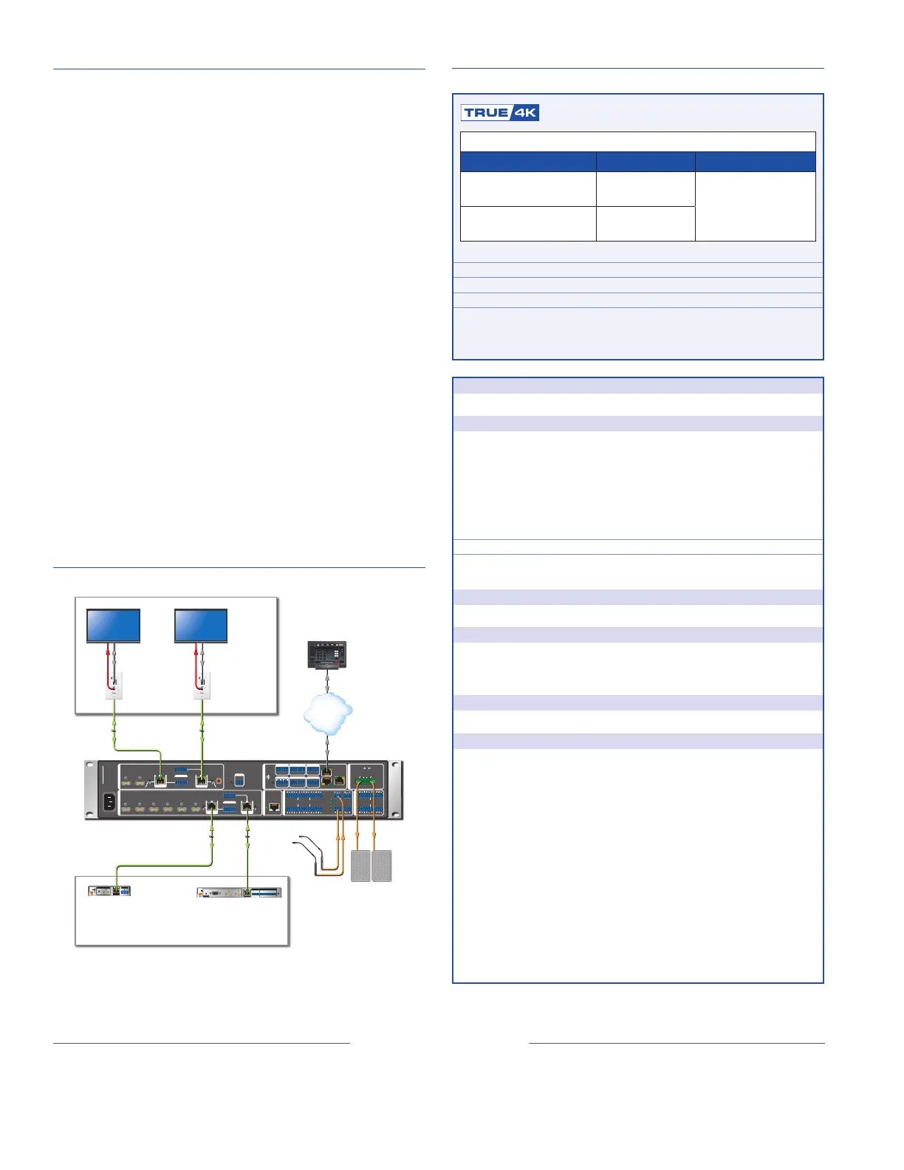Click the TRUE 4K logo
500,112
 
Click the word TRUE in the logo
486,112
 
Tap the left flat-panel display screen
114,625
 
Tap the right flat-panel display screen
201,625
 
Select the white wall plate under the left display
114,685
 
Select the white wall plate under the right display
202,685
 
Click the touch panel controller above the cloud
326,655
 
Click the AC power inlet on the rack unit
110,801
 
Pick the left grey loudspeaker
360,866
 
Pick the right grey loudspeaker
382,866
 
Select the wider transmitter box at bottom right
239,892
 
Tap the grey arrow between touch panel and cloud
327,682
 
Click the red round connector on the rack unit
219,780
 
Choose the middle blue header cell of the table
645,162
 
